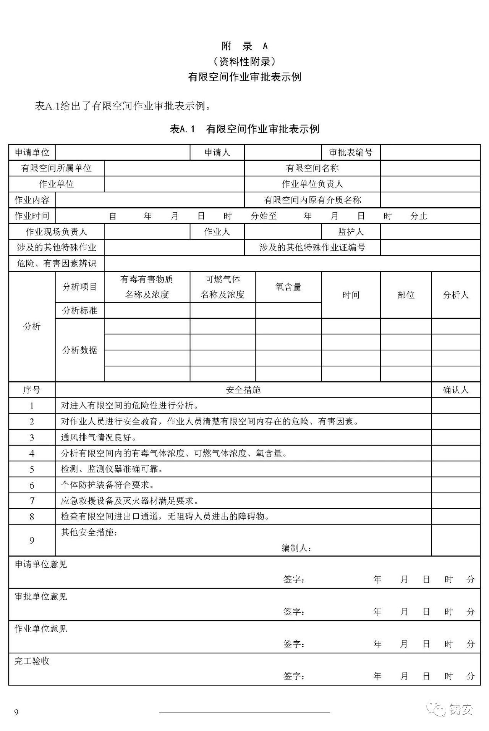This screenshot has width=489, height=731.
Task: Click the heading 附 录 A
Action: [244, 46]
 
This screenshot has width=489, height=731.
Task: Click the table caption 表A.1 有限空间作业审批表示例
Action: [244, 129]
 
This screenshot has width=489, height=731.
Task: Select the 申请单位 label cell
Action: [32, 153]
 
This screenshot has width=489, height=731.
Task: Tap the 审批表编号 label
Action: [351, 153]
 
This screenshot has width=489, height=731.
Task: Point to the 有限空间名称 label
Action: [312, 168]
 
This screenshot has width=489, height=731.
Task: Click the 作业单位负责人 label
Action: [312, 184]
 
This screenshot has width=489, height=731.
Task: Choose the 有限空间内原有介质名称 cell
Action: [312, 200]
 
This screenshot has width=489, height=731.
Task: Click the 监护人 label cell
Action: [351, 232]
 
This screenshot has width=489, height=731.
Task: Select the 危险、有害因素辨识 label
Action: [56, 263]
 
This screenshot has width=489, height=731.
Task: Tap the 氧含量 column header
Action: [288, 287]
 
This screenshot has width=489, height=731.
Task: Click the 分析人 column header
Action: [455, 295]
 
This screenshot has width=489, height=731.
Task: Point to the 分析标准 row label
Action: [79, 311]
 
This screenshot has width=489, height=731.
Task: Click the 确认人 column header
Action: [455, 390]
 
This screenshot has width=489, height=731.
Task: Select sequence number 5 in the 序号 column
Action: [32, 469]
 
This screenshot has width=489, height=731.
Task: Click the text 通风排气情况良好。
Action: [99, 437]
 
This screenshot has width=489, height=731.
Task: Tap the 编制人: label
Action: [296, 548]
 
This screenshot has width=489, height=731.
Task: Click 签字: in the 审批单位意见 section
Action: [294, 612]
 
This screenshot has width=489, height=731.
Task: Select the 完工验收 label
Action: [32, 661]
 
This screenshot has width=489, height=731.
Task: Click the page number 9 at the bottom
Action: [16, 712]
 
